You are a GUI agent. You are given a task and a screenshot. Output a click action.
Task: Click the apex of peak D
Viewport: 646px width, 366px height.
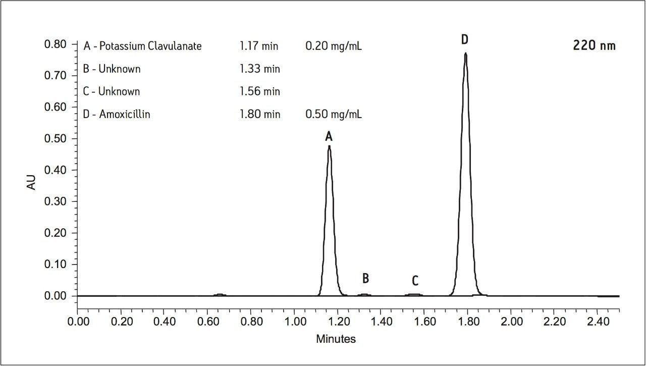point(465,54)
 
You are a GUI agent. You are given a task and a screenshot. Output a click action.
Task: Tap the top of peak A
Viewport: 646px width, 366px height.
point(329,146)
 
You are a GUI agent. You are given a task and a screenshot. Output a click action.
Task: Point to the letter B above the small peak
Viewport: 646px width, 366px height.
point(366,278)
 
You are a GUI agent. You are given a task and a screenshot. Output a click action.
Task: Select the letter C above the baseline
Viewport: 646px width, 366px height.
point(415,281)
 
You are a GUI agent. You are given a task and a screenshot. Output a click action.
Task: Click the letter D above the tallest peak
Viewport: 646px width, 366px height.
point(465,39)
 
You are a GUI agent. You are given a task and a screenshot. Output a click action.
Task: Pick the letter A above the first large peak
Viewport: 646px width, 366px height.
point(329,136)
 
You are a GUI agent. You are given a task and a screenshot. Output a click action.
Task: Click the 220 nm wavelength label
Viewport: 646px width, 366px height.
point(594,45)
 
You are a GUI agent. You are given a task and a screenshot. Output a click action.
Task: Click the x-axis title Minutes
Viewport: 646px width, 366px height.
point(336,339)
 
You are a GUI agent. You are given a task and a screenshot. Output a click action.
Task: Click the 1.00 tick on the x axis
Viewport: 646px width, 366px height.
point(294,322)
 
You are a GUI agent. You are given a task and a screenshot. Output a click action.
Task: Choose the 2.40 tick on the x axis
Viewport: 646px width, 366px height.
point(598,322)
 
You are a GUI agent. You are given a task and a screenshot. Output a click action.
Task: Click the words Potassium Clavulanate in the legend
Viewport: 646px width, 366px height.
point(150,46)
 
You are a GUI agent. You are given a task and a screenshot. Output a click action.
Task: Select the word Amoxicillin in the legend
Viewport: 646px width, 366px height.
point(125,115)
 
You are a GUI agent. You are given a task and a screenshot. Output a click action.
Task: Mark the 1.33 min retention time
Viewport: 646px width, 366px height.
point(259,69)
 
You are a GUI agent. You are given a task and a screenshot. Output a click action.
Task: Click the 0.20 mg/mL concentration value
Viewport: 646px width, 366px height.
point(334,46)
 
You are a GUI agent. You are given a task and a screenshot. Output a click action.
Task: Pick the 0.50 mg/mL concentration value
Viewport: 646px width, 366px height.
point(334,115)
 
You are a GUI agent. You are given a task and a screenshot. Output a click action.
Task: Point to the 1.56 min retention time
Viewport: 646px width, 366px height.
point(259,92)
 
